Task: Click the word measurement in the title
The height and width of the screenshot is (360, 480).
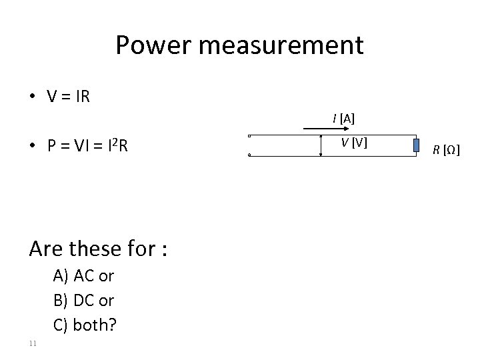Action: pyautogui.click(x=279, y=45)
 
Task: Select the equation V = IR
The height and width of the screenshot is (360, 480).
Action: pyautogui.click(x=69, y=97)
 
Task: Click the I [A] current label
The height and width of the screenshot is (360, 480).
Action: pyautogui.click(x=344, y=119)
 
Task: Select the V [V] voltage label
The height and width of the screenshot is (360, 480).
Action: pyautogui.click(x=354, y=141)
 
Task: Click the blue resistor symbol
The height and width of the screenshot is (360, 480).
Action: pyautogui.click(x=415, y=145)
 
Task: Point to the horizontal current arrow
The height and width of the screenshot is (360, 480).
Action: pyautogui.click(x=320, y=127)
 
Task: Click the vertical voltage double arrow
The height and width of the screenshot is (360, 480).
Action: pyautogui.click(x=321, y=146)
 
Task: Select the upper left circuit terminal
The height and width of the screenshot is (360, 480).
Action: pyautogui.click(x=248, y=137)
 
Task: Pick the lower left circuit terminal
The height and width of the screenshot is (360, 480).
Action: pyautogui.click(x=248, y=155)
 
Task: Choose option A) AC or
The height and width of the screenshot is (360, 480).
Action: pyautogui.click(x=83, y=276)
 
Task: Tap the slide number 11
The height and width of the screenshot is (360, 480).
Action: pyautogui.click(x=33, y=343)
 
